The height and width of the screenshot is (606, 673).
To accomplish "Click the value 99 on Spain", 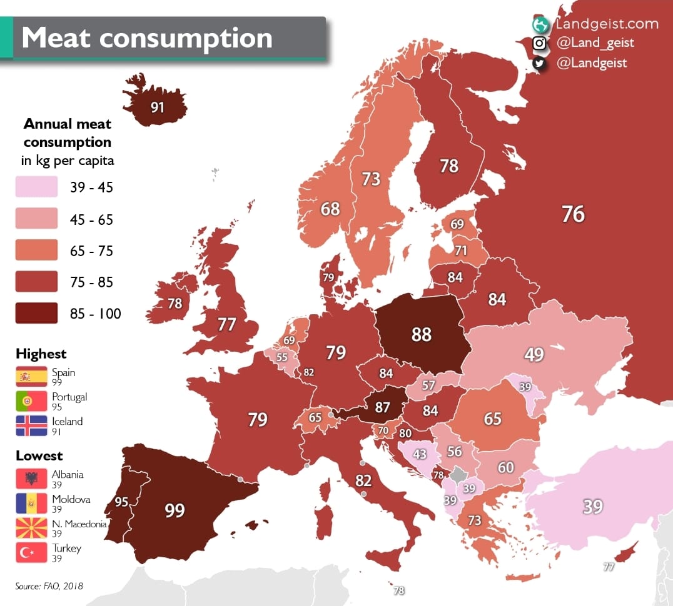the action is (x=175, y=510).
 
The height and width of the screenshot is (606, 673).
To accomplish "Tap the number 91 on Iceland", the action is (x=157, y=107).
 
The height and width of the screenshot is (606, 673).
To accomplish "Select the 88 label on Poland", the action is (x=421, y=334).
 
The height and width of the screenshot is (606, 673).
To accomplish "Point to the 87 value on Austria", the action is (x=382, y=407).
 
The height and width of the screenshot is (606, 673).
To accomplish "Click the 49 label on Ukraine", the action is (x=534, y=354).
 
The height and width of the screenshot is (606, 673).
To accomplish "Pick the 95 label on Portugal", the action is (x=121, y=502).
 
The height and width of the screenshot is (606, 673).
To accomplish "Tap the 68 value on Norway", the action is (x=330, y=209).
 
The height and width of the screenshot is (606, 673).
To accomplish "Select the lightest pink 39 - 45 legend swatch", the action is (x=36, y=186).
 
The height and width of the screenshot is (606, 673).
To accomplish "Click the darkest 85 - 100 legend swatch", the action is (x=36, y=313).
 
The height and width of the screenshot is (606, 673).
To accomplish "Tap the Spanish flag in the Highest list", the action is (x=31, y=377).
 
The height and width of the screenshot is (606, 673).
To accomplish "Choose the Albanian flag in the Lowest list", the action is (x=31, y=479).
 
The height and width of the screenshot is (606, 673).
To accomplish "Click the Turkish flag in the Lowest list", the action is (x=31, y=552).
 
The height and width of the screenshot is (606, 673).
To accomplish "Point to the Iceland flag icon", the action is (x=31, y=425).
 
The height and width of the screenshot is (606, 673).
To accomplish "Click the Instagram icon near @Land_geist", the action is (x=540, y=43).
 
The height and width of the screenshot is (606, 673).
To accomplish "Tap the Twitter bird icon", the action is (x=540, y=63).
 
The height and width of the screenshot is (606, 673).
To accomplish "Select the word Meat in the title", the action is (x=56, y=37).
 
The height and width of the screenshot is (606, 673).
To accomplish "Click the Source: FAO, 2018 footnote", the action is (x=49, y=586).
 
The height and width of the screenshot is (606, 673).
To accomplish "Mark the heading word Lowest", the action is (x=39, y=455).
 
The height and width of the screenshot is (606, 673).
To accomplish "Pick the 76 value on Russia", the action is (x=573, y=214).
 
